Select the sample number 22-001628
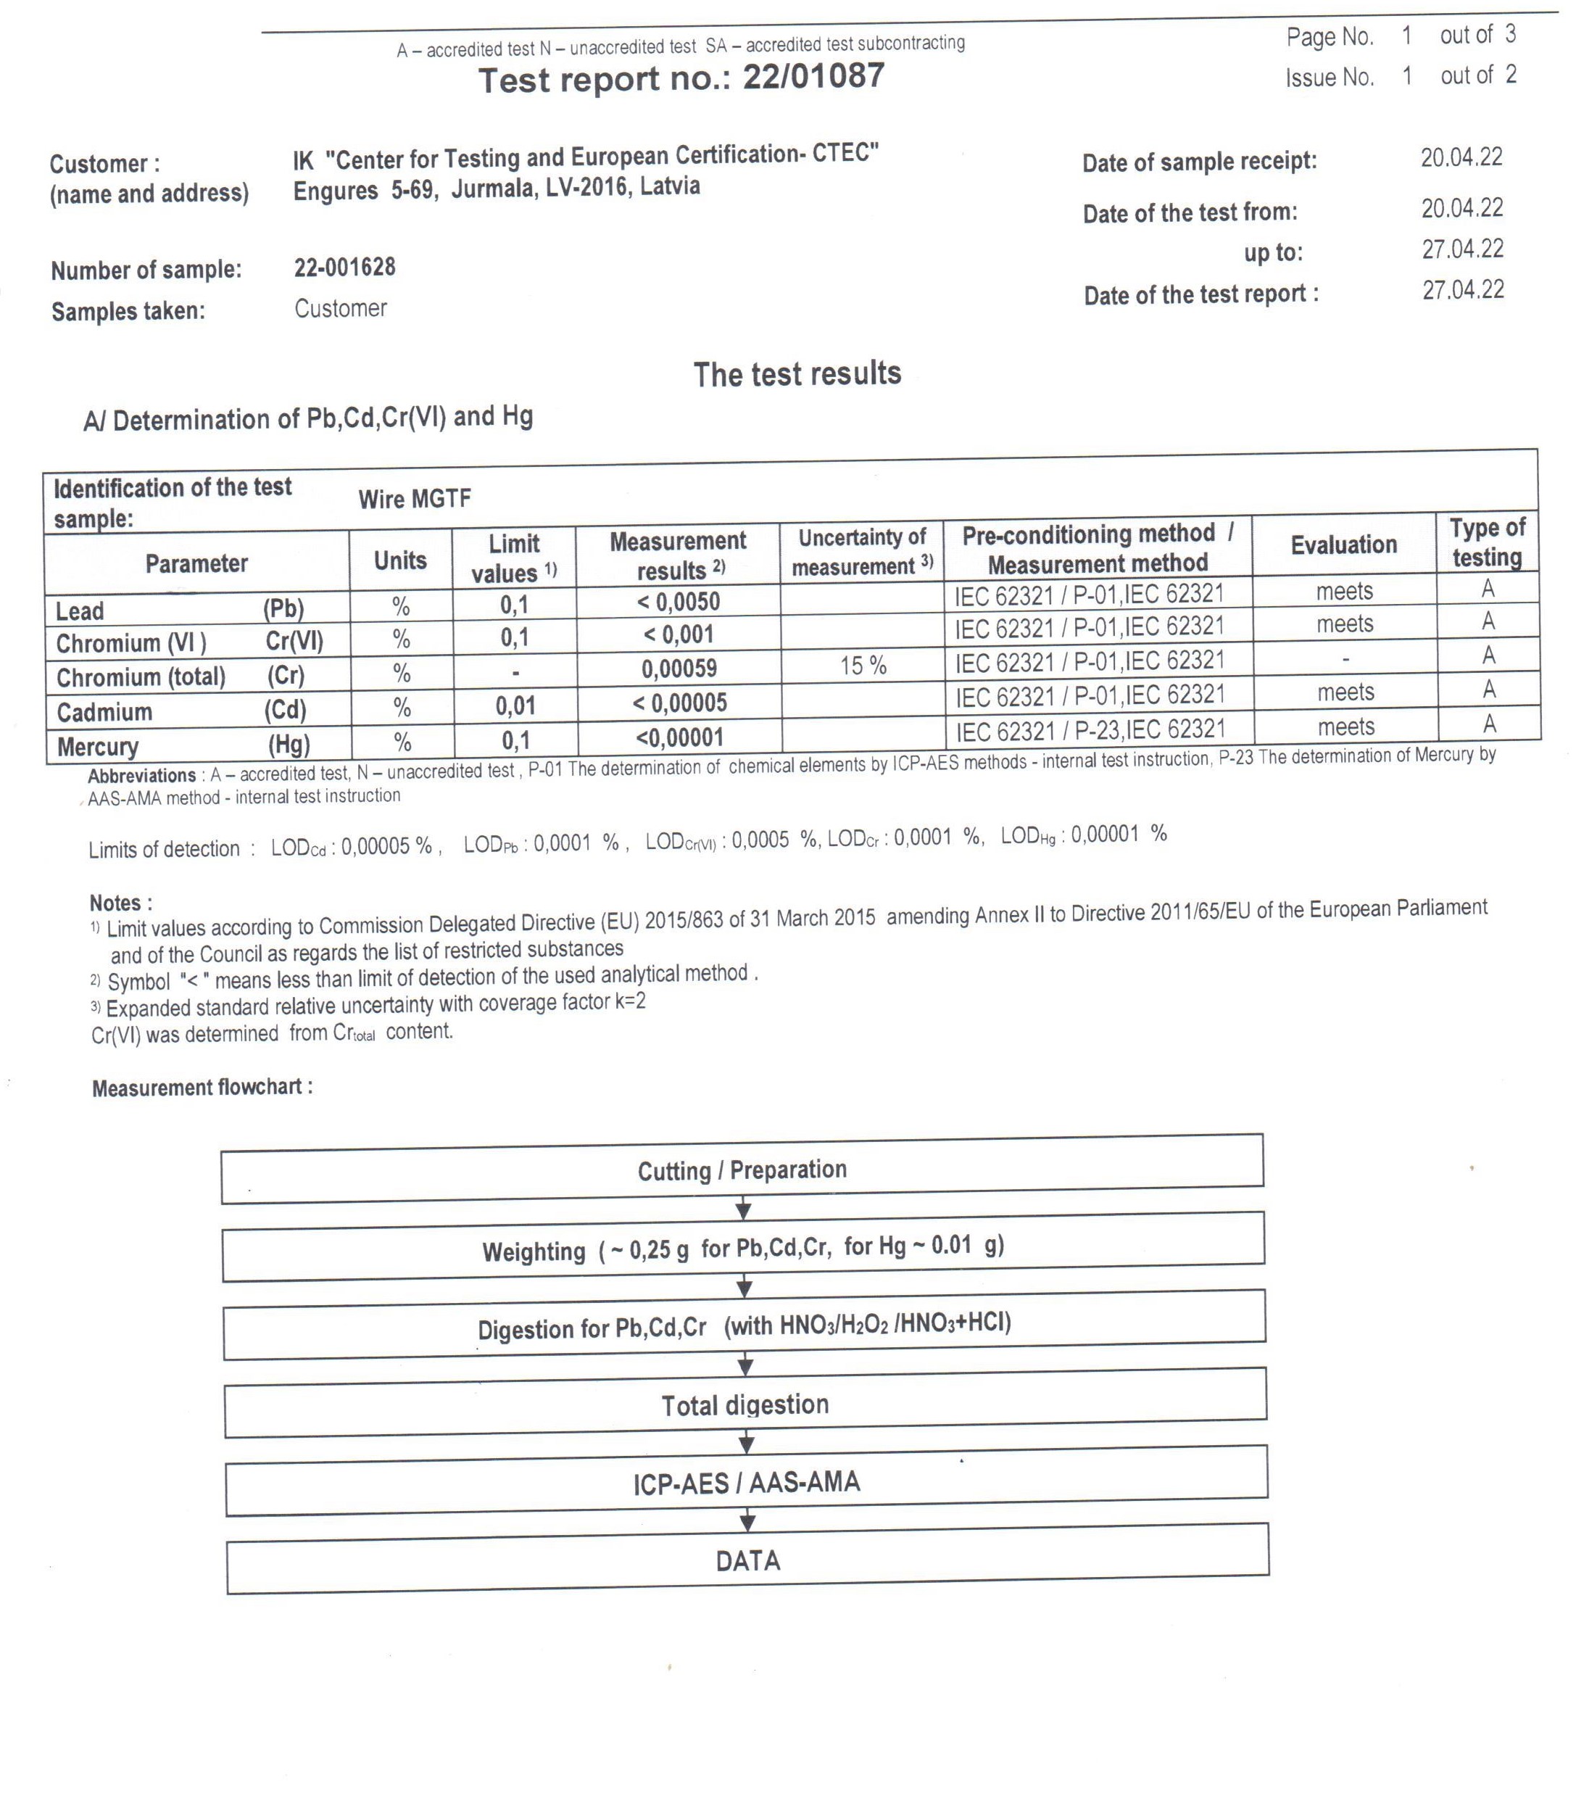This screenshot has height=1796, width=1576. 344,267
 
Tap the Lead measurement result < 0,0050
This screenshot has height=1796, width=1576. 679,602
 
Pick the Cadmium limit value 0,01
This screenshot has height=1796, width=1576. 515,705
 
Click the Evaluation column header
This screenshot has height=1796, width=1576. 1343,545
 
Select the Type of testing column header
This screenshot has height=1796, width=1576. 1486,542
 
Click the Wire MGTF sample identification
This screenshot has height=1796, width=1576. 415,499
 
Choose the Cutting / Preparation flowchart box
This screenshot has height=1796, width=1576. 742,1170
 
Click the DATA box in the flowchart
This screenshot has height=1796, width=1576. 747,1560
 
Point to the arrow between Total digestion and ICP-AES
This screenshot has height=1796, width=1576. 746,1443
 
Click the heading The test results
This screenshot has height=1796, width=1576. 797,373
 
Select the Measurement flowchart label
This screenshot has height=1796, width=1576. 202,1088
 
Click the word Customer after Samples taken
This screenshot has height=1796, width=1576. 340,308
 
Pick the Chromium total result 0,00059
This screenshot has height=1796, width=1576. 679,669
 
